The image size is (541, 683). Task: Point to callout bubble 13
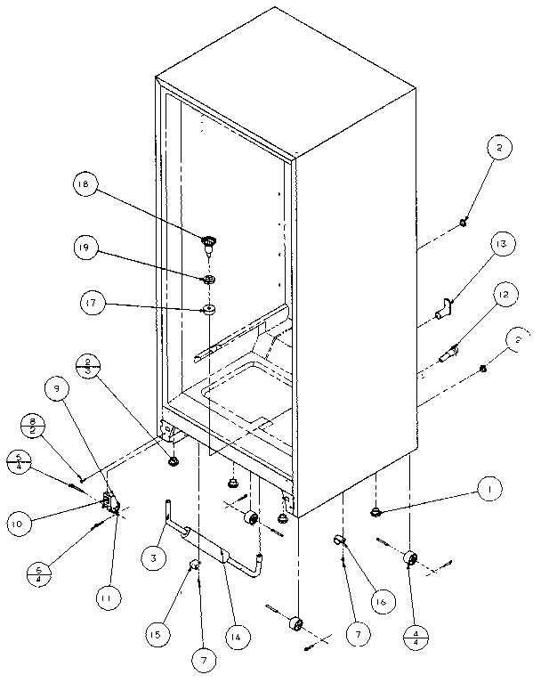(x=500, y=245)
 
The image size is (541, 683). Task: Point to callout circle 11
(x=105, y=599)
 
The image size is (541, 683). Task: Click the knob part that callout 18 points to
(x=210, y=240)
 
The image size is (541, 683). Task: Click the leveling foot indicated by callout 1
(x=376, y=511)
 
